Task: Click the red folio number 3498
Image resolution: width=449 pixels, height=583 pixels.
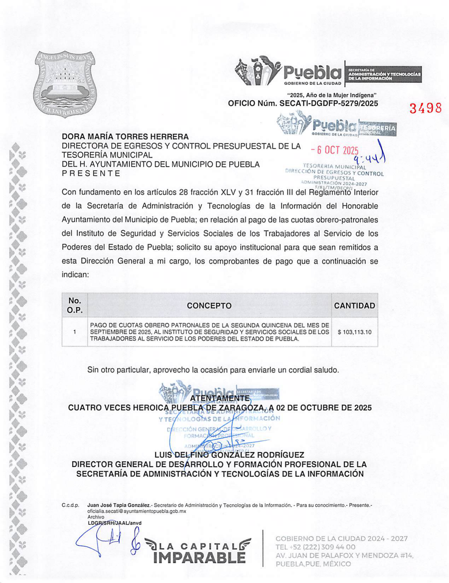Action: click(x=425, y=108)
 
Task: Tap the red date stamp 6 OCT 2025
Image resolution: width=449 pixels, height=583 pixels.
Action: click(x=335, y=150)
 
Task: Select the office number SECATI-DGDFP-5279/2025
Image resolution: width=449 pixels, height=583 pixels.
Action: click(x=329, y=104)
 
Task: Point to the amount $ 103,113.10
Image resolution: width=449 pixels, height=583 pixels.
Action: click(x=354, y=332)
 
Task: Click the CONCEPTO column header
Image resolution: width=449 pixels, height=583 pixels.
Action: click(x=209, y=306)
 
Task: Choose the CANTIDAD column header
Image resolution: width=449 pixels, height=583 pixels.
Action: click(x=354, y=306)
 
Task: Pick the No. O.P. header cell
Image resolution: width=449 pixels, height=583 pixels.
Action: click(x=75, y=305)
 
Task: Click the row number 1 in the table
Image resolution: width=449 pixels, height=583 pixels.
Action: click(x=75, y=332)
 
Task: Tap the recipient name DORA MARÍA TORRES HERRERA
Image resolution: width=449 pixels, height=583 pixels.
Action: click(x=125, y=137)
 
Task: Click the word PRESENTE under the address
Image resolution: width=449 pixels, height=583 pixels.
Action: click(x=91, y=174)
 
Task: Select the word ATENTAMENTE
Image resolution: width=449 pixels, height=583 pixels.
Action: click(x=220, y=398)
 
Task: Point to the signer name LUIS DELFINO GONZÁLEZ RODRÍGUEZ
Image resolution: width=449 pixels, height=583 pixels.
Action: click(x=229, y=455)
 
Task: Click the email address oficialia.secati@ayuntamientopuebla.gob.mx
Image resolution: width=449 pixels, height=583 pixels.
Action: click(x=137, y=511)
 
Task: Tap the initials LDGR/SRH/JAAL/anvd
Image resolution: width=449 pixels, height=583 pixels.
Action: click(x=114, y=523)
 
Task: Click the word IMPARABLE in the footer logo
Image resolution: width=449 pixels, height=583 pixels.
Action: click(x=200, y=558)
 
